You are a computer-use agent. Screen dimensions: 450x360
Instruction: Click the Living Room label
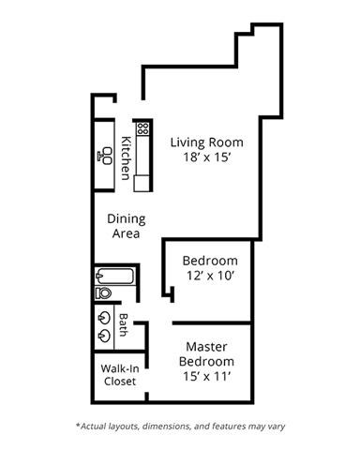pyautogui.click(x=207, y=142)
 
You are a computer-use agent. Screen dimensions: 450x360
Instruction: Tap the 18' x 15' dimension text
pyautogui.click(x=207, y=158)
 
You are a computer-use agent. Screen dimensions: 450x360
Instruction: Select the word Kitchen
pyautogui.click(x=125, y=158)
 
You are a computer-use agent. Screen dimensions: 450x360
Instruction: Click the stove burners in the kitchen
pyautogui.click(x=142, y=127)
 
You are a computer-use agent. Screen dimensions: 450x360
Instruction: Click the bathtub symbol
pyautogui.click(x=115, y=277)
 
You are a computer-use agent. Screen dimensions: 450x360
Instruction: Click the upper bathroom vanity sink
pyautogui.click(x=103, y=316)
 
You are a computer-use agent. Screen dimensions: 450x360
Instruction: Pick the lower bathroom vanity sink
pyautogui.click(x=103, y=334)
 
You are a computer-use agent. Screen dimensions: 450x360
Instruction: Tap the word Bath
pyautogui.click(x=124, y=325)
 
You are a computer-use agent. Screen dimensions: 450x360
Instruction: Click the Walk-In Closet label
pyautogui.click(x=119, y=375)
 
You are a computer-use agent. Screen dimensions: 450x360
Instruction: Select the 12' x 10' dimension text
pyautogui.click(x=210, y=277)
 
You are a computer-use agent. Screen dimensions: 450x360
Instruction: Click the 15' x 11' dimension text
pyautogui.click(x=208, y=376)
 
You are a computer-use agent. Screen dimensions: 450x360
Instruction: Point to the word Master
pyautogui.click(x=208, y=345)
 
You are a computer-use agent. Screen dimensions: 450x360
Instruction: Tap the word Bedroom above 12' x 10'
pyautogui.click(x=210, y=261)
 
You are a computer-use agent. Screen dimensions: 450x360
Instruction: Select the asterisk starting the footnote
pyautogui.click(x=77, y=425)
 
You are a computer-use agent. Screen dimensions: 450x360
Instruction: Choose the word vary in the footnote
pyautogui.click(x=276, y=426)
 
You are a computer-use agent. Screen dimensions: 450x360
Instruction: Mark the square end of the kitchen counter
pyautogui.click(x=141, y=185)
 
